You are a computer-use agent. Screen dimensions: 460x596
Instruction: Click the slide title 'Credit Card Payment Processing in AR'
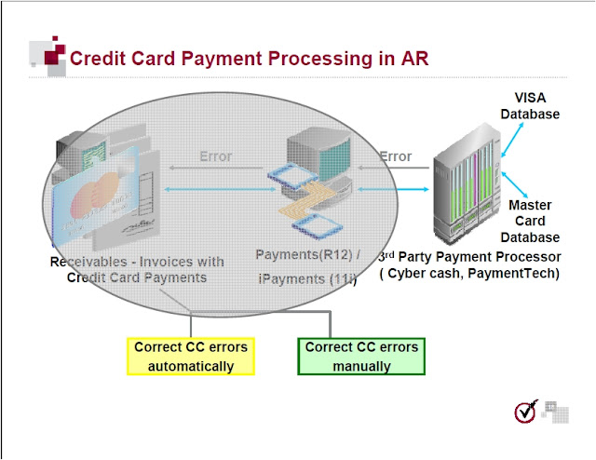click(249, 58)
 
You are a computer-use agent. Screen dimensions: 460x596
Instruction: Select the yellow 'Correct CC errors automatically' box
click(191, 357)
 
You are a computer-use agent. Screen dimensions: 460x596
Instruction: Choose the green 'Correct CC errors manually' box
click(362, 357)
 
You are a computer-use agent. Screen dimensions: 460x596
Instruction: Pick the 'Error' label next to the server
click(396, 156)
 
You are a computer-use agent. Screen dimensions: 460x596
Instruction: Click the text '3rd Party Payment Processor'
click(469, 256)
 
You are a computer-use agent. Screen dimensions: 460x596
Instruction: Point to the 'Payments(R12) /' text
click(304, 254)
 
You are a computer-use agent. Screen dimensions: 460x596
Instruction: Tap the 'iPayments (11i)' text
click(305, 278)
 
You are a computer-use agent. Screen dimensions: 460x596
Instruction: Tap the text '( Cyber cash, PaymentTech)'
click(469, 274)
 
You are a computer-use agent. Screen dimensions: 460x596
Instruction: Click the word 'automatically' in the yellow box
click(191, 366)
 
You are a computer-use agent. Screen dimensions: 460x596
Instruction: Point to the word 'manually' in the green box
click(362, 366)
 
